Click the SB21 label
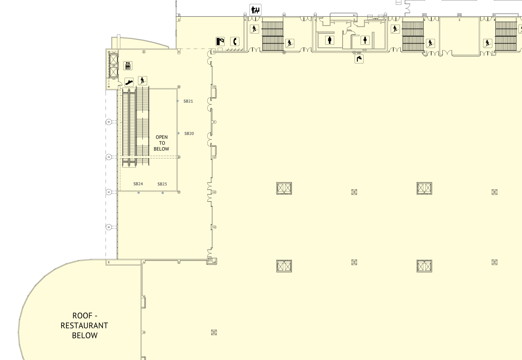(x=188, y=101)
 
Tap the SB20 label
(x=189, y=134)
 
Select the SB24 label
(x=138, y=184)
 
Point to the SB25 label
(x=162, y=184)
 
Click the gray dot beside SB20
(x=178, y=133)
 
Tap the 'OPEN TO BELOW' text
(x=161, y=143)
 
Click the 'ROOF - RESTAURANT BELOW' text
(x=85, y=325)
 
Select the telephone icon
(x=235, y=41)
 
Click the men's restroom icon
(x=330, y=40)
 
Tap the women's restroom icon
(x=365, y=40)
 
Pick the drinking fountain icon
(x=359, y=59)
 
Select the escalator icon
(x=129, y=82)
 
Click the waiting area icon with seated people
(x=256, y=10)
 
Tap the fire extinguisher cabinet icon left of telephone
(x=220, y=41)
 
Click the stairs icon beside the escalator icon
(x=142, y=80)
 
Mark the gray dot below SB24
(x=139, y=193)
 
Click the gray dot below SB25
(x=163, y=193)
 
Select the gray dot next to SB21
(x=177, y=101)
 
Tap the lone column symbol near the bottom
(x=214, y=332)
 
